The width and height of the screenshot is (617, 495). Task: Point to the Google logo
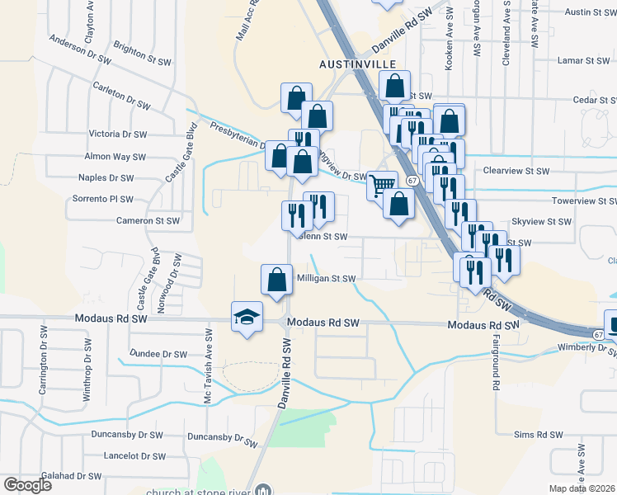pos(27,485)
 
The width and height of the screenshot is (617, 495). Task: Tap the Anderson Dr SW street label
pos(80,49)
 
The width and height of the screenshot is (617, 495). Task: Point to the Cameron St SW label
pos(148,221)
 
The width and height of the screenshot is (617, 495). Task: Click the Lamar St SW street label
pos(583,61)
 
